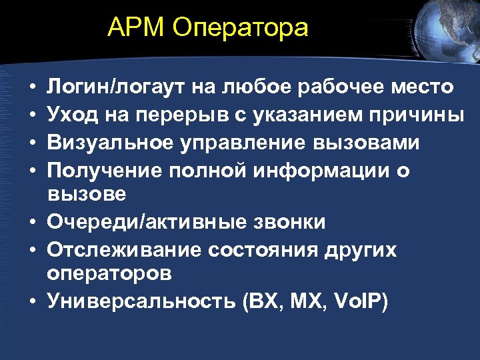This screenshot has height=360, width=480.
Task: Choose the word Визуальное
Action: [108, 143]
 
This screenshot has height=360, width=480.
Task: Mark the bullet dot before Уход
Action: [31, 116]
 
